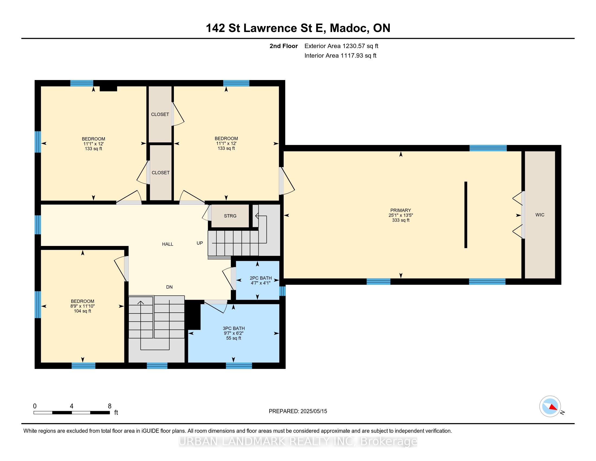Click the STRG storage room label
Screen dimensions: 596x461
[x=230, y=216]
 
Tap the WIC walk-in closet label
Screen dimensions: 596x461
[x=540, y=215]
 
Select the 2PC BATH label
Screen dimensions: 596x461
[x=261, y=278]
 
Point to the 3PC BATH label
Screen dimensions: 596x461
[x=234, y=328]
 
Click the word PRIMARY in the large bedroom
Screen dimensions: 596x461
[x=401, y=210]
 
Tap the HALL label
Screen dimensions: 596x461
[x=167, y=244]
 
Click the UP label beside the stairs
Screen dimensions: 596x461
[x=200, y=243]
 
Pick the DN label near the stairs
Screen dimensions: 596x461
[x=170, y=287]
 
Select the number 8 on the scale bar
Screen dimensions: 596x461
[x=109, y=406]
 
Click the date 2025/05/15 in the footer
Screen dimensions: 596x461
[x=313, y=411]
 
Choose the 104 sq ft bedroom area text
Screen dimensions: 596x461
[x=82, y=311]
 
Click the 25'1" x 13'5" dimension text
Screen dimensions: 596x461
[x=401, y=215]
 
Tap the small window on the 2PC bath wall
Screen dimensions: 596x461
[x=283, y=291]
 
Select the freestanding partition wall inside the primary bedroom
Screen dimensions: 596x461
[x=466, y=215]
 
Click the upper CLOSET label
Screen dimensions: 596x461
[x=160, y=114]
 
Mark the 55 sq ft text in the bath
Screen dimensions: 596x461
[x=234, y=338]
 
